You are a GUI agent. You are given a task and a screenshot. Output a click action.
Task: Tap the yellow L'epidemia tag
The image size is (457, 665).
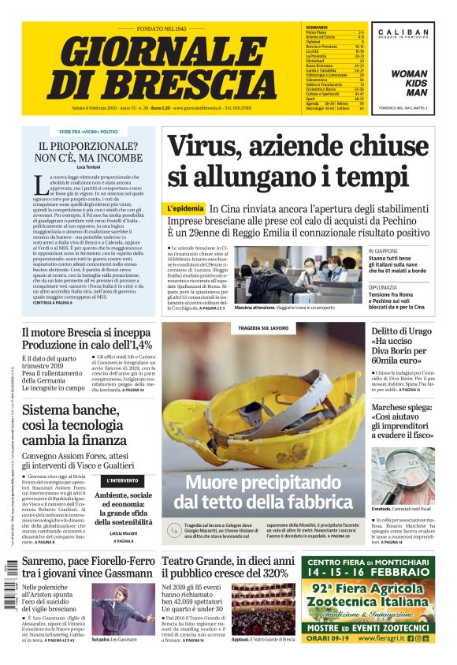pos(185,208)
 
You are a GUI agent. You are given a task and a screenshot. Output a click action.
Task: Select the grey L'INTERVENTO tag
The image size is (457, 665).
pos(123,480)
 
